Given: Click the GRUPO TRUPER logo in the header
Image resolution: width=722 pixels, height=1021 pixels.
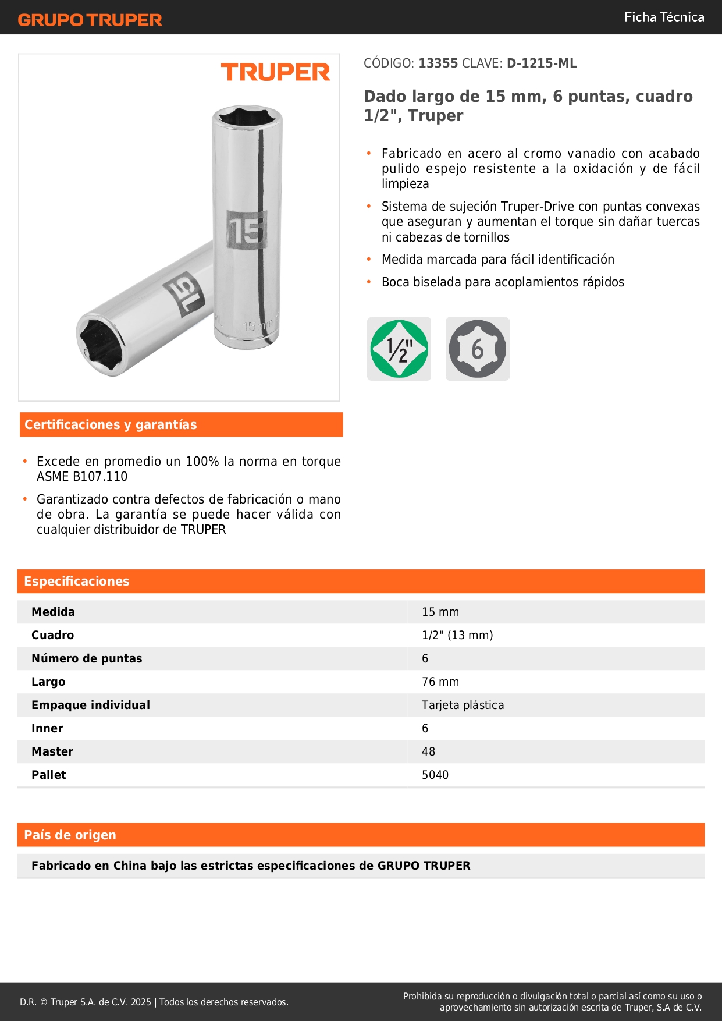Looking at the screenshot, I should (x=90, y=20).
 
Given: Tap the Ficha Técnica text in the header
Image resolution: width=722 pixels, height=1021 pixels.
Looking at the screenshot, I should (x=664, y=17).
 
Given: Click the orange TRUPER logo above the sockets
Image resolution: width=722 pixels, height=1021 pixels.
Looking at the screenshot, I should (x=275, y=72).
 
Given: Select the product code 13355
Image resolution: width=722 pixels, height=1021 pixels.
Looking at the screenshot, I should (x=438, y=63).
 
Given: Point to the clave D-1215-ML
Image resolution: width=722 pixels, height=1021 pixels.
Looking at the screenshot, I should (x=542, y=63).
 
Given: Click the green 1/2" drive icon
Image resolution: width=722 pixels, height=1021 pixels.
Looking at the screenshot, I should (x=399, y=349).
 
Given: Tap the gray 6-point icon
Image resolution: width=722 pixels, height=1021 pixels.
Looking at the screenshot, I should (x=477, y=349).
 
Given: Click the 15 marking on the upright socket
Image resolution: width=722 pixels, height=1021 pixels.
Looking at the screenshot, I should (x=246, y=230).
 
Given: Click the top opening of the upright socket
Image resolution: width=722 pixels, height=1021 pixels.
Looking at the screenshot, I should (x=247, y=117).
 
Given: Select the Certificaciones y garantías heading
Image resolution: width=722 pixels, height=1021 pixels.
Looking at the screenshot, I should (x=111, y=424).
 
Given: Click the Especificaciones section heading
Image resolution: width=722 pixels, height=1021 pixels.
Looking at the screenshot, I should (x=77, y=581).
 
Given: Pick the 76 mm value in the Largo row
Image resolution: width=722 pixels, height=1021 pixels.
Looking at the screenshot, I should (x=440, y=682).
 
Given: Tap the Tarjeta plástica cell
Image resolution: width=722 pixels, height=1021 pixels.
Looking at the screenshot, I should (x=463, y=705).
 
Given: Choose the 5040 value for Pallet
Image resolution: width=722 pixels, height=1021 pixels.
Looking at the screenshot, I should (x=435, y=775).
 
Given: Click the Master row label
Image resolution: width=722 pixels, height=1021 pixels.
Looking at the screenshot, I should (x=52, y=751).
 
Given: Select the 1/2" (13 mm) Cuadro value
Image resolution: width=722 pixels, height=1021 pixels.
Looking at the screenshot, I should (x=457, y=635).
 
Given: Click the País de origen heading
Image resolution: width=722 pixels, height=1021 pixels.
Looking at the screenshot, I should (x=70, y=835).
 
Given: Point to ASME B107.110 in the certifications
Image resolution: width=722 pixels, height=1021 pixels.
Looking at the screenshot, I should (x=82, y=476).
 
